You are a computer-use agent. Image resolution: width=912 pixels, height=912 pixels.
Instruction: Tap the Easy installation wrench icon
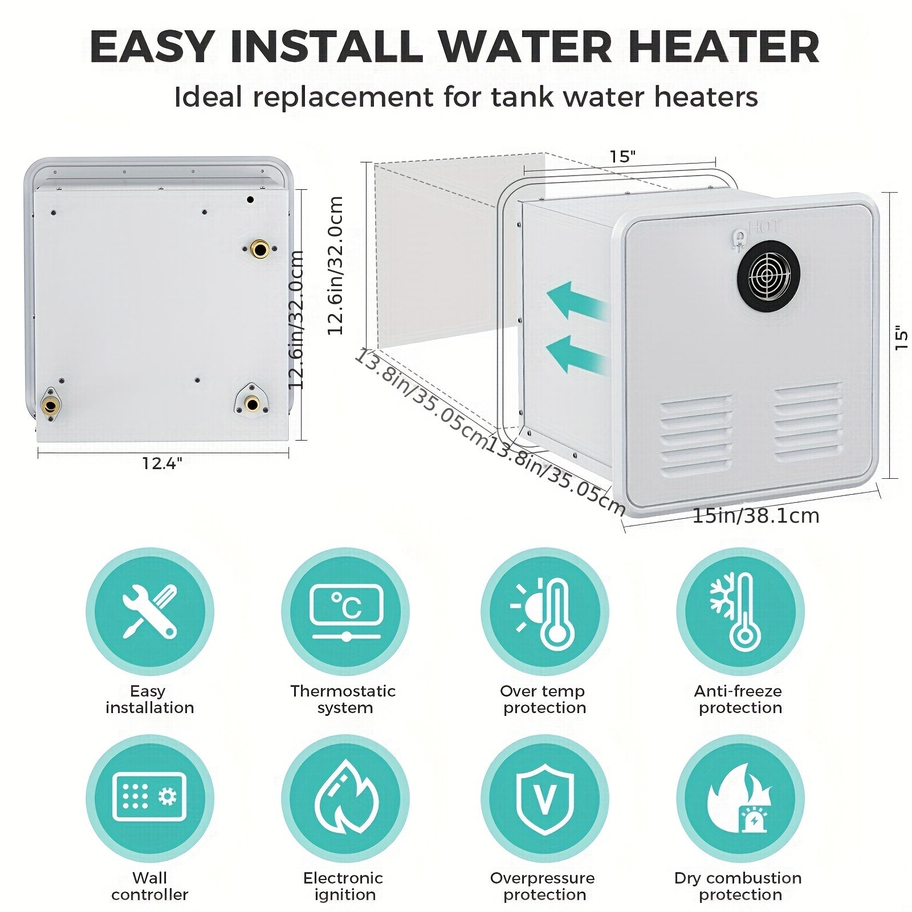point(149,612)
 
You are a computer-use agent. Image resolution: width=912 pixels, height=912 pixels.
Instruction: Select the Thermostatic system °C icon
point(345,612)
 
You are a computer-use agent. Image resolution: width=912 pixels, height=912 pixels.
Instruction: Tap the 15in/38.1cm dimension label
point(755,516)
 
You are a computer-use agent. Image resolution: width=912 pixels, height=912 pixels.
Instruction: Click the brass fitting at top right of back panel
point(260,249)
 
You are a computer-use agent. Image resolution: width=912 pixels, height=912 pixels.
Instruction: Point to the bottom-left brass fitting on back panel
point(50,405)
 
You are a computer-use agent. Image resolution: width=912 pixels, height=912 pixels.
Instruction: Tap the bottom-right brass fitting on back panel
point(251,403)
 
